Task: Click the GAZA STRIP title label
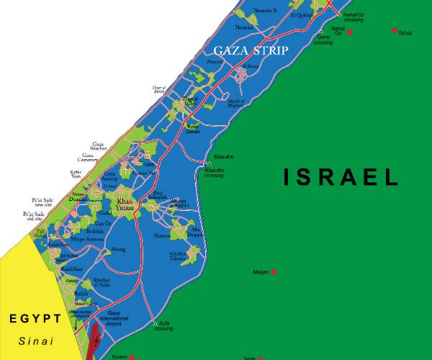click(x=251, y=51)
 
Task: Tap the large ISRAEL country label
click(x=341, y=177)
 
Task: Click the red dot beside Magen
click(x=274, y=272)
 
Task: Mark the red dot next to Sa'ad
click(x=395, y=30)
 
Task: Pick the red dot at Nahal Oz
click(x=350, y=32)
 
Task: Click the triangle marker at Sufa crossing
click(x=156, y=323)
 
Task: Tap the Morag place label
click(x=119, y=249)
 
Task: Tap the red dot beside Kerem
click(x=132, y=356)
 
